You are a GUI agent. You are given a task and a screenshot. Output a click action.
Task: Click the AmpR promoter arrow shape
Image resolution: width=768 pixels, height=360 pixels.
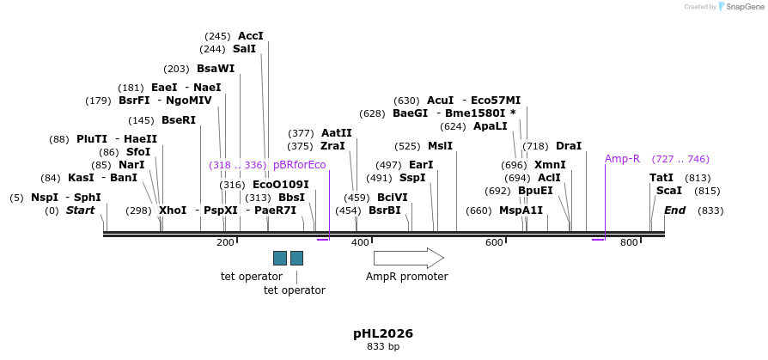(x=408, y=258)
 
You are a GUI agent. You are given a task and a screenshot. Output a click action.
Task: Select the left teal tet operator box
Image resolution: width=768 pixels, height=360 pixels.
(x=280, y=258)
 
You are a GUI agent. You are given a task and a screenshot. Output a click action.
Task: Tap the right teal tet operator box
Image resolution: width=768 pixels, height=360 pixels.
(x=297, y=258)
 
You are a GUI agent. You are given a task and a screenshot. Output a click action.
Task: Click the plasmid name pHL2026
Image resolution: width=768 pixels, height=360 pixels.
(x=383, y=333)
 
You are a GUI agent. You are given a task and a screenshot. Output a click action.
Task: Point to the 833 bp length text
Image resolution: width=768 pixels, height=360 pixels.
(x=383, y=347)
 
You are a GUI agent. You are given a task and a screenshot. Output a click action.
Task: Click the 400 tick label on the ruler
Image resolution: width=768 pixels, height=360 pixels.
(x=360, y=243)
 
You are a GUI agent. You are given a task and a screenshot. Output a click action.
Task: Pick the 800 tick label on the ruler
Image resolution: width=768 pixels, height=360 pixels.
(x=629, y=243)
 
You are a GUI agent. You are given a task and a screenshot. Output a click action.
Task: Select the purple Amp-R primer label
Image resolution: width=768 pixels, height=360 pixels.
(x=622, y=159)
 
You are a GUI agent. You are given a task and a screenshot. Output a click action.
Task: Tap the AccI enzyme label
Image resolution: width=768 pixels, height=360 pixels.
(x=251, y=36)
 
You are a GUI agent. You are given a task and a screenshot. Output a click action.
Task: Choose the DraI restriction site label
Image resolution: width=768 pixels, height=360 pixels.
(x=569, y=146)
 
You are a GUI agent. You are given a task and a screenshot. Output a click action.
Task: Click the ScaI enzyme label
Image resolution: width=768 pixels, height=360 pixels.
(x=668, y=191)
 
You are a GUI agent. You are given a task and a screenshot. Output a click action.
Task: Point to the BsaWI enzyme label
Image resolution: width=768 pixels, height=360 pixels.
(x=216, y=69)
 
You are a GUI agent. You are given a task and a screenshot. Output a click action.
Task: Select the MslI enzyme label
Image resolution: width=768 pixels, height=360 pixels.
(x=440, y=146)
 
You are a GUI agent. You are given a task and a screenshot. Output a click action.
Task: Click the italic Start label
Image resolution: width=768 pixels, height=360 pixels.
(x=80, y=211)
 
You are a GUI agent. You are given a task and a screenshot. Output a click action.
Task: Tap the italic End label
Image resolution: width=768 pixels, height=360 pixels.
(x=674, y=211)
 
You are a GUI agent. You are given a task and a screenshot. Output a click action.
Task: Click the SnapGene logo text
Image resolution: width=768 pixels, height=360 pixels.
(x=745, y=7)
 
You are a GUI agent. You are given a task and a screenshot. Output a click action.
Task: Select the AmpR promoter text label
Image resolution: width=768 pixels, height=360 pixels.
(x=406, y=277)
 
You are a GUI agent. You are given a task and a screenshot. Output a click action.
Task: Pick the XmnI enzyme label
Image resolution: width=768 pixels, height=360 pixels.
(x=550, y=165)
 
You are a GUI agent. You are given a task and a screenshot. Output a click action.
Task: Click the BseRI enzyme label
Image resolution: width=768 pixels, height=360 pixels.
(x=179, y=120)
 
